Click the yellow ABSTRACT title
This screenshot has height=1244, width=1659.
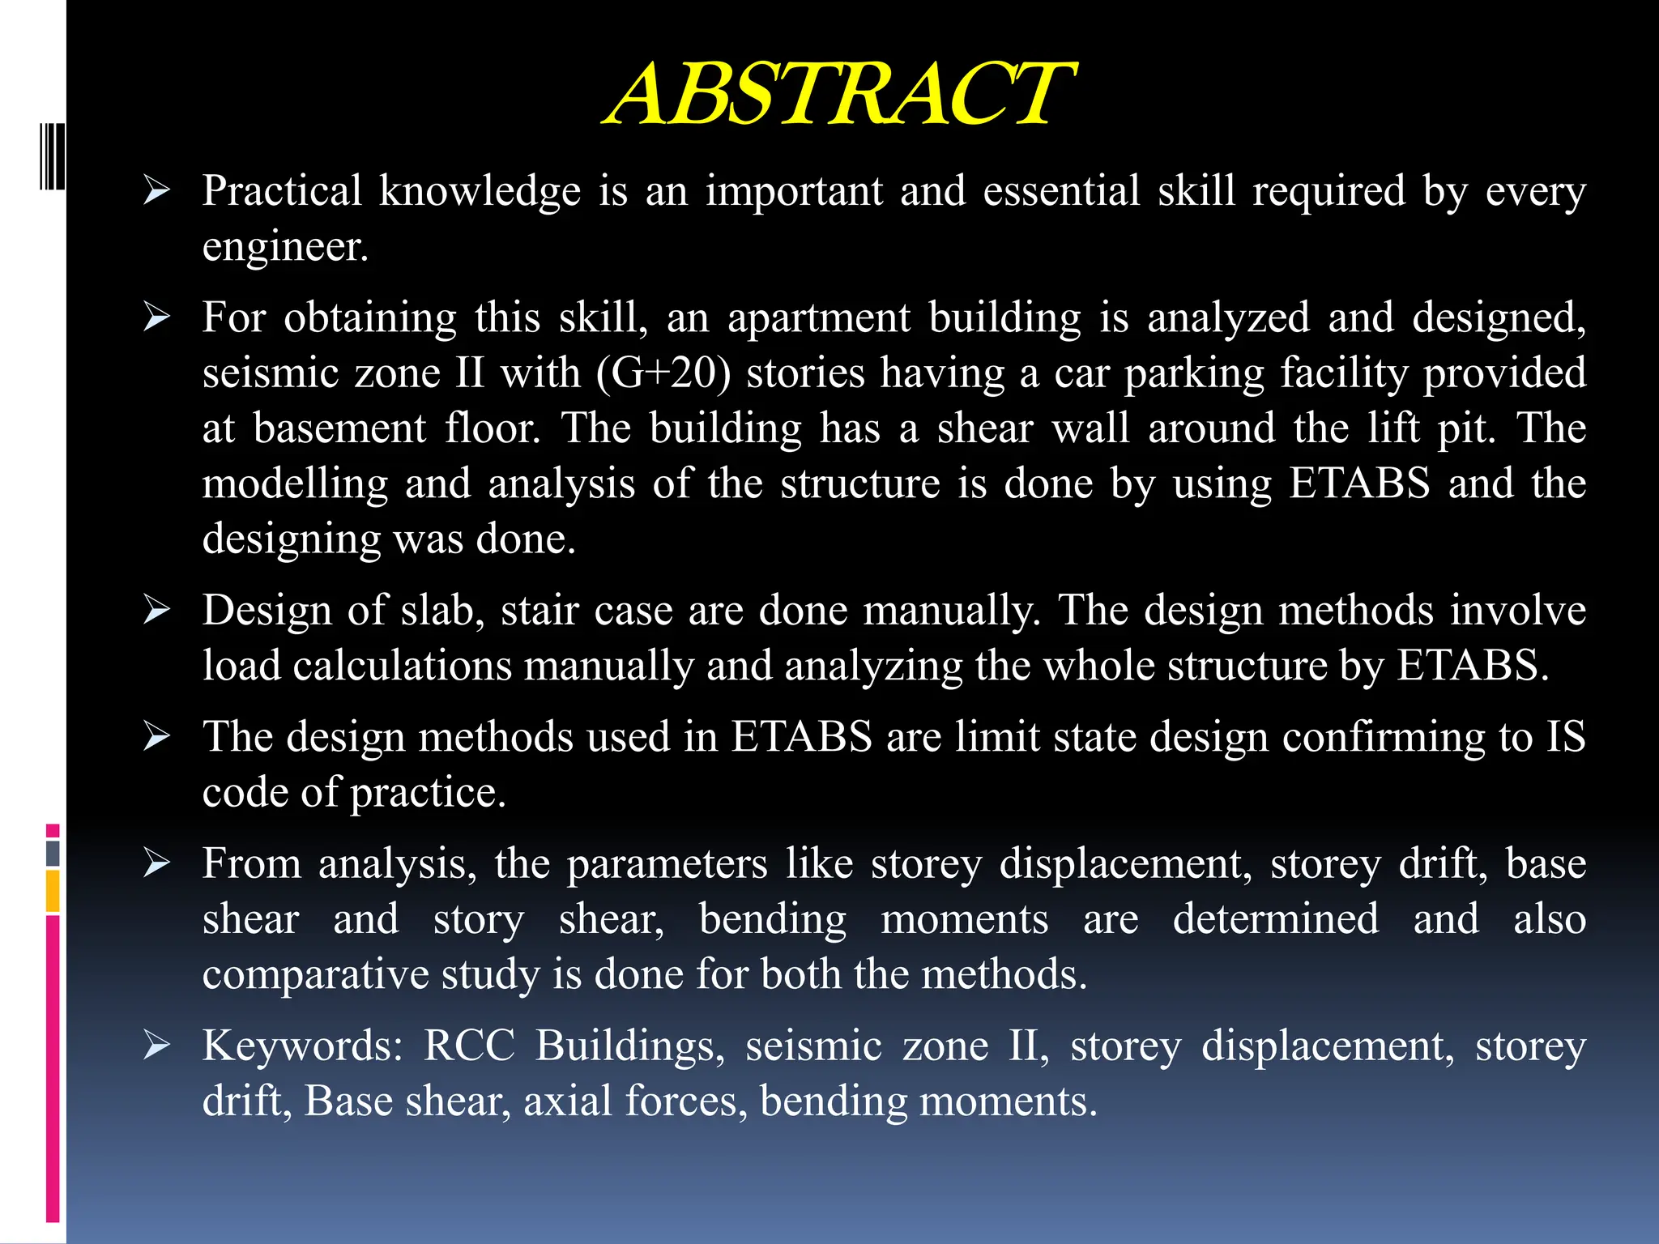[839, 96]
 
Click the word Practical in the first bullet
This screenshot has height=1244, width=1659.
[281, 191]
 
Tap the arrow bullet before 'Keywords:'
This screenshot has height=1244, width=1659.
[156, 1046]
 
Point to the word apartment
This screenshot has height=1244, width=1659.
[818, 317]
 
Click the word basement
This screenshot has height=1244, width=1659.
[339, 428]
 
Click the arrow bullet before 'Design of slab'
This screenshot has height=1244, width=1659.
[156, 610]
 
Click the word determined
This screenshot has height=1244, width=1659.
[1275, 919]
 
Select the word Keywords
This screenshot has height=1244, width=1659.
[301, 1046]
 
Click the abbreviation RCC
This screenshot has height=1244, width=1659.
[469, 1046]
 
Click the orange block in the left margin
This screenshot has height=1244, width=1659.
[53, 891]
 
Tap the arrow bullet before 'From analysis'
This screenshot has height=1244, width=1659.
[156, 863]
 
